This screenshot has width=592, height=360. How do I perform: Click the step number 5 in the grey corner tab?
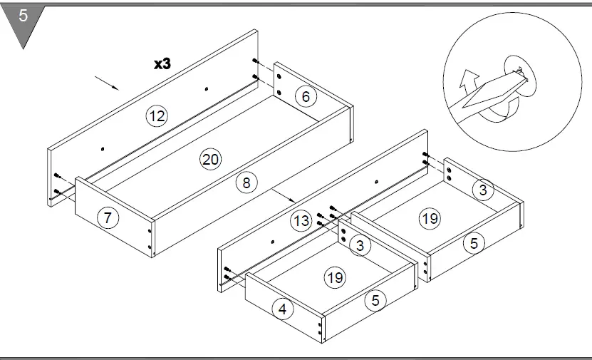point(23,16)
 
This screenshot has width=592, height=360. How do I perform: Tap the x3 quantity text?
point(162,63)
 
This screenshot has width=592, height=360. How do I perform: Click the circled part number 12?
point(157,115)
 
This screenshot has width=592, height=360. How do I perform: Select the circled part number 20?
point(209,160)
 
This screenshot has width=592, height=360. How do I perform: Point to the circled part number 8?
point(246,182)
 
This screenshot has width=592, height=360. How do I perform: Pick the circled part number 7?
point(108,218)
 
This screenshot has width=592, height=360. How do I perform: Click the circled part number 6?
point(306,97)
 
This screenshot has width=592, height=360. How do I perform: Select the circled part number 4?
point(283,309)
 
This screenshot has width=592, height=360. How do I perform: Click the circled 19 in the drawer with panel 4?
point(335,278)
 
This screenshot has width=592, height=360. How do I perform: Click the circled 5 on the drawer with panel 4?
point(375,301)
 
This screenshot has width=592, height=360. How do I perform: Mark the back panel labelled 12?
point(128,135)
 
